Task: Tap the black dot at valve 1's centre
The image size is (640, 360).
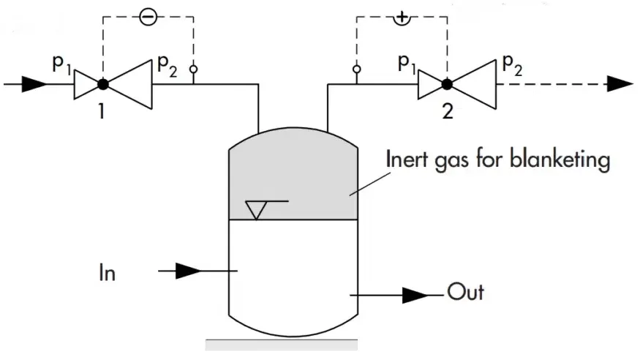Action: coord(103,84)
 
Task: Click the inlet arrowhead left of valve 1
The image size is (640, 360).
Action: coord(34,84)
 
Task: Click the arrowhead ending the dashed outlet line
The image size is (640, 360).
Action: coord(620,84)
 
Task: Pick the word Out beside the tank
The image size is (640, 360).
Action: coord(465,293)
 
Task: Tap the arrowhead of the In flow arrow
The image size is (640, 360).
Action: coord(188,271)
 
